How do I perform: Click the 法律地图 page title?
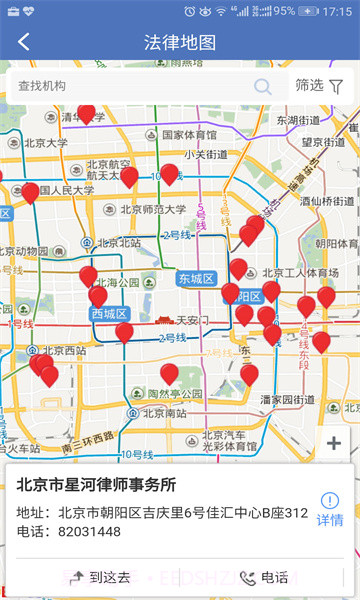click(180, 42)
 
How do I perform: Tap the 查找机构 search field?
click(130, 86)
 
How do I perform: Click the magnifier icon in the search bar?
click(263, 86)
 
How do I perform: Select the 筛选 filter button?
click(319, 86)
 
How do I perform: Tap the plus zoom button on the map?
click(334, 443)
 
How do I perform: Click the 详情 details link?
click(330, 510)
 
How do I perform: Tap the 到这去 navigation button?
click(101, 577)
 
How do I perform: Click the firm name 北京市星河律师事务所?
click(96, 485)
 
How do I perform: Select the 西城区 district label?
click(110, 314)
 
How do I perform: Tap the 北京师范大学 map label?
click(152, 210)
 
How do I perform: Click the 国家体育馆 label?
click(188, 134)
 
